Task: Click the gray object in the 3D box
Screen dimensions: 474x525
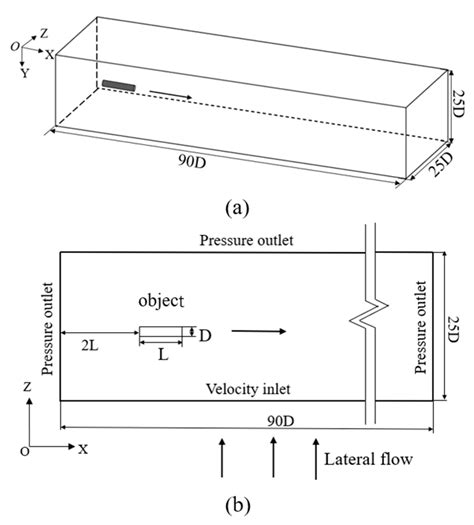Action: click(119, 85)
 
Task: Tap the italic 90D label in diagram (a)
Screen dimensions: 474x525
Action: click(191, 162)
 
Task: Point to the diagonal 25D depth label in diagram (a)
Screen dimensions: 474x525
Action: click(443, 164)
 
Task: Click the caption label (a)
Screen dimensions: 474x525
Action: click(237, 208)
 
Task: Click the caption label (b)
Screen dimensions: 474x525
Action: click(238, 505)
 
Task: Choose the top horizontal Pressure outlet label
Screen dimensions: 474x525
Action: click(246, 240)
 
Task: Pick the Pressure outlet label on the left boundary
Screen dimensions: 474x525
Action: click(48, 329)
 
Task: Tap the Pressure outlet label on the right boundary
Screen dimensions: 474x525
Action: click(420, 327)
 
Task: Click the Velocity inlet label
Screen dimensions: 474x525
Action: click(248, 389)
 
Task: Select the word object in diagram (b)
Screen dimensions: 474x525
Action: click(161, 301)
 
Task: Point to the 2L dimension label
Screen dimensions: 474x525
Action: click(90, 346)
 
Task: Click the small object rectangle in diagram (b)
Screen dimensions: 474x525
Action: click(161, 331)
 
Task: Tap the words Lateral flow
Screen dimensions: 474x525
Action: click(368, 459)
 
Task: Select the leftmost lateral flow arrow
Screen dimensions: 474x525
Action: click(222, 457)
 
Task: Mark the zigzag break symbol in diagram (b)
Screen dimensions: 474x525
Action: click(369, 316)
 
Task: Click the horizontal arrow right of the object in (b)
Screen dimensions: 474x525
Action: click(259, 331)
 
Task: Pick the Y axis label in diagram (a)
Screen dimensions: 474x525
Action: click(25, 73)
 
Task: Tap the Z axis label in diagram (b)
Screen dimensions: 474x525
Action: click(27, 387)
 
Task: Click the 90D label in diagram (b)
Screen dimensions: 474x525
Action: click(281, 421)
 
